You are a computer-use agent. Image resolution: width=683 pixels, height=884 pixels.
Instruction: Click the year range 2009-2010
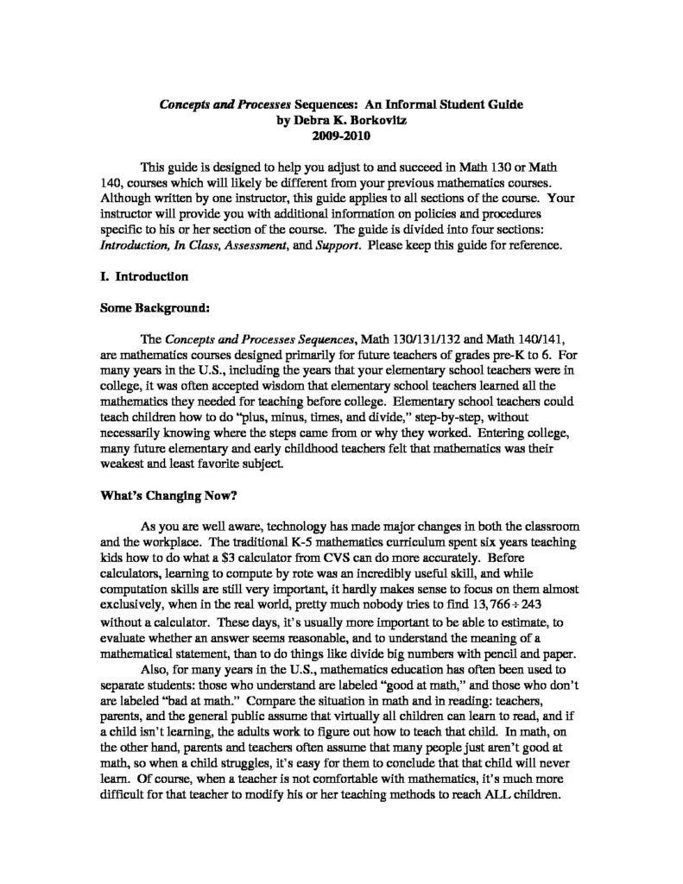(341, 136)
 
